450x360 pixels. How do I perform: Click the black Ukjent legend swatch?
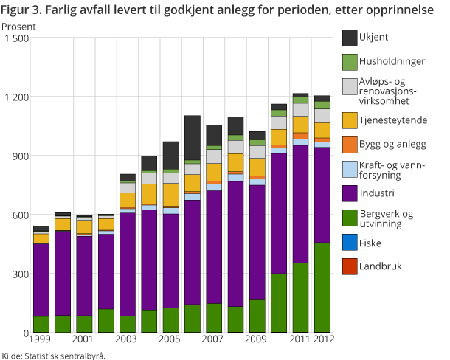point(350,38)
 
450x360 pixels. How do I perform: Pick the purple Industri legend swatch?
point(350,193)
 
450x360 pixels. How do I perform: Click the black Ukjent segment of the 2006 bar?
point(193,137)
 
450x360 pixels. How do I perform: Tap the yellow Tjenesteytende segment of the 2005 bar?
point(171,195)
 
